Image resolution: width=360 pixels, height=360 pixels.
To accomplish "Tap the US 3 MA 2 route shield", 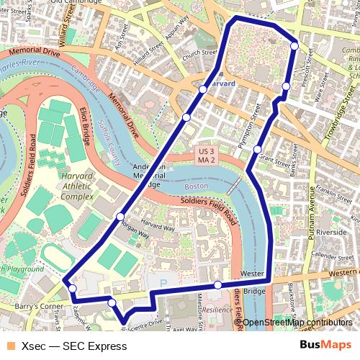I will (207, 156).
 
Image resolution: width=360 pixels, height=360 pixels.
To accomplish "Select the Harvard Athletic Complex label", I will (76, 186).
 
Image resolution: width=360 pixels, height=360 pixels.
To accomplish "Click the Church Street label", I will (199, 52).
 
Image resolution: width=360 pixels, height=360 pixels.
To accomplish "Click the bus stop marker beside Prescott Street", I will (294, 46).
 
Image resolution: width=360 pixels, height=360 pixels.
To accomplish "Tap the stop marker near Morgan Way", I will (120, 216).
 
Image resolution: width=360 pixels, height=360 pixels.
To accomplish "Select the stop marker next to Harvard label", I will (203, 89).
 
